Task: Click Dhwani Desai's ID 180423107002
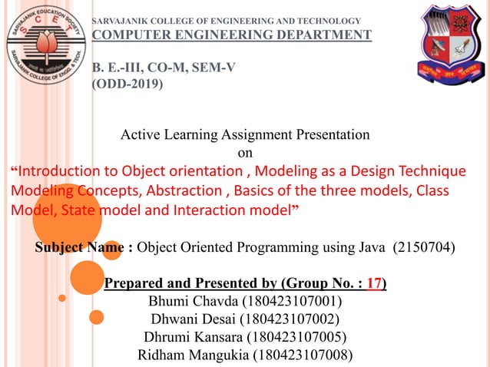tap(291, 319)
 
